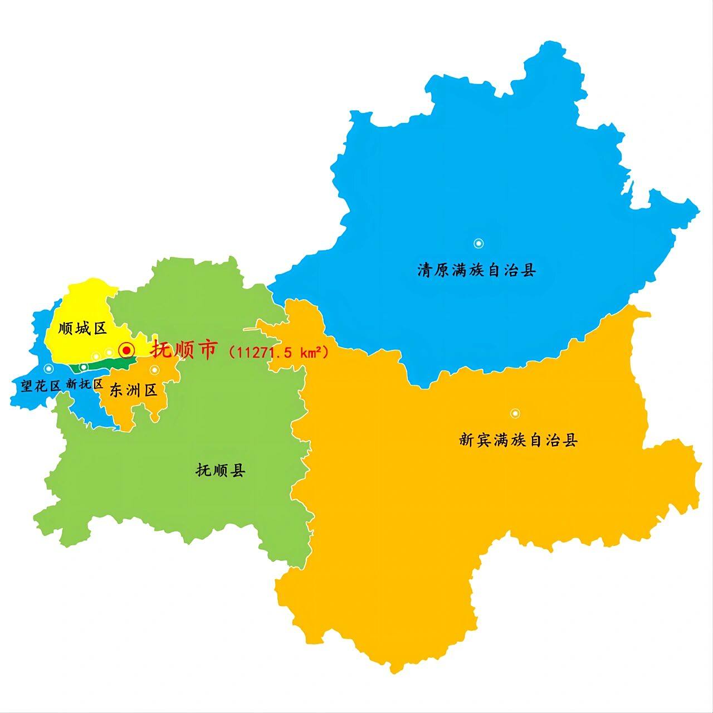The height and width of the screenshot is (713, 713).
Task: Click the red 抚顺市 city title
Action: pos(183,350)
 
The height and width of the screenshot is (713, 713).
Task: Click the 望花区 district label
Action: pos(41,385)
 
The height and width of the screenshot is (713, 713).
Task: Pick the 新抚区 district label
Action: pos(85,384)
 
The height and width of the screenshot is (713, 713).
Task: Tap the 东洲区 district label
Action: pos(134,390)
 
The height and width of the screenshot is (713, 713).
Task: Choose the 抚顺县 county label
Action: pos(221,471)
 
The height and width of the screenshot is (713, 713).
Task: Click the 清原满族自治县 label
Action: pos(477,271)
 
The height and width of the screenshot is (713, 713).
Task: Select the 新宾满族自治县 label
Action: pos(519,441)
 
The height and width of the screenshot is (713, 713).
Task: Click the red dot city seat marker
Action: pos(128,350)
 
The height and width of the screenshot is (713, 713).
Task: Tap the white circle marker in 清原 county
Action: pos(478,243)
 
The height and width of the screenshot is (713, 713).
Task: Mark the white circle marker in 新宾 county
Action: pos(515,413)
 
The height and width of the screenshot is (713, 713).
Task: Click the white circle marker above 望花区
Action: pos(48,368)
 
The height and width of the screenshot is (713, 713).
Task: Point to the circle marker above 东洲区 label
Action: pos(154,370)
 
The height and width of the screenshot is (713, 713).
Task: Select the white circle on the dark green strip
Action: pos(84,367)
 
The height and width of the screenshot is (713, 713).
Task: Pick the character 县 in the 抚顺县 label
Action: pos(238,471)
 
